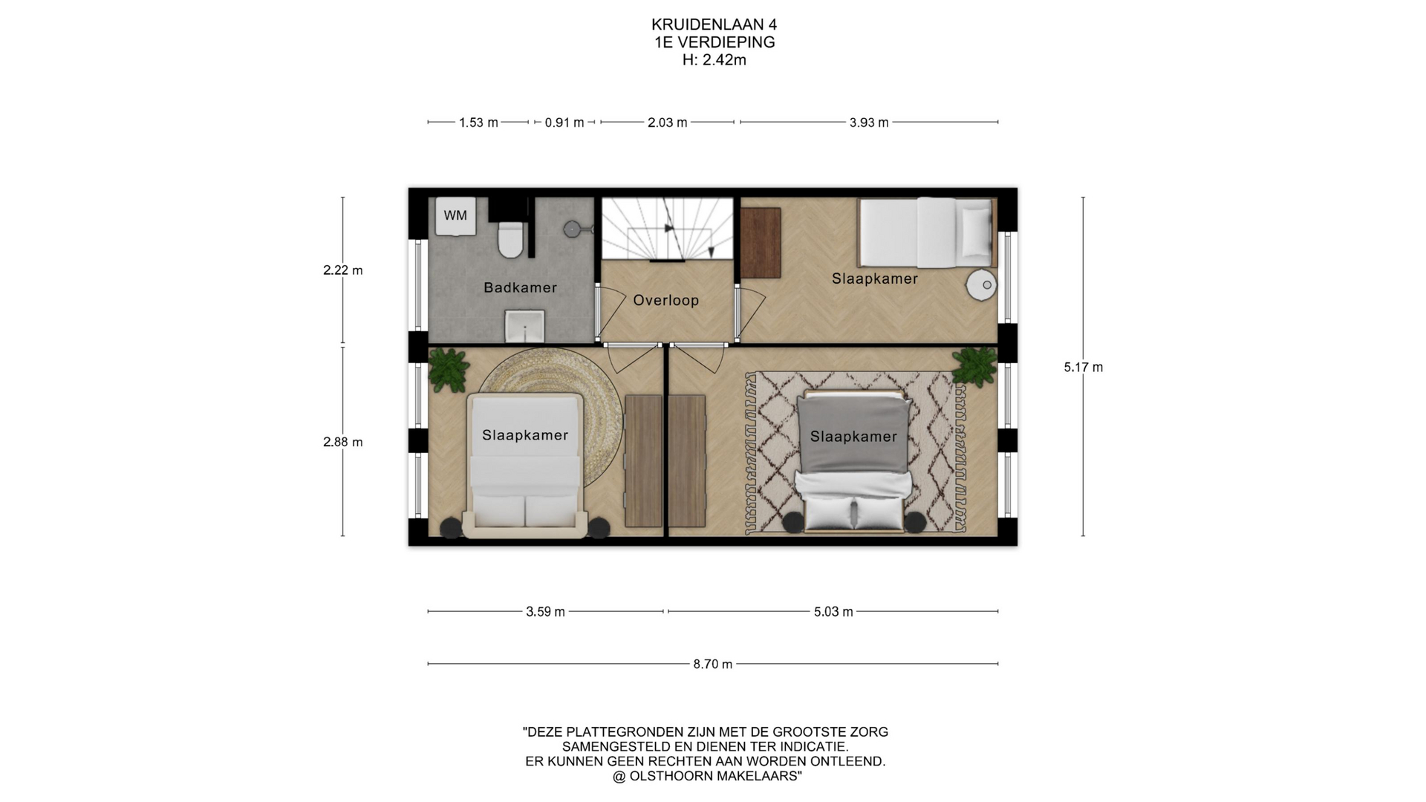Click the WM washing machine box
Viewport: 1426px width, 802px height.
(x=455, y=215)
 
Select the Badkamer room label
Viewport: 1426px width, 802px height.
(x=520, y=287)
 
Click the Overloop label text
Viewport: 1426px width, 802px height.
(x=665, y=301)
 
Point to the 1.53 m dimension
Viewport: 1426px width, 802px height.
(x=478, y=123)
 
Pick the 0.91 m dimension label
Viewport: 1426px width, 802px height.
(x=564, y=123)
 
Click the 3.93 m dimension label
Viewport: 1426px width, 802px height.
(x=869, y=123)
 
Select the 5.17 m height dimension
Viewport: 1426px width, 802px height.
(x=1084, y=367)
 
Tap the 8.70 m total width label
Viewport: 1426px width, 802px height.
(x=713, y=664)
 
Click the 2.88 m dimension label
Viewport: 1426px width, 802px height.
(x=343, y=442)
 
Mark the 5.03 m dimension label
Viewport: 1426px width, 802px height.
(x=833, y=612)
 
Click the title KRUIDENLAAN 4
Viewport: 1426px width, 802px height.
(x=714, y=25)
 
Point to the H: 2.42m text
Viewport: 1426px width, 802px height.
(x=714, y=60)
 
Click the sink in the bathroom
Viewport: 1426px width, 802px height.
(x=526, y=327)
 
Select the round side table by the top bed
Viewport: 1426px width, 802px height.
(x=981, y=284)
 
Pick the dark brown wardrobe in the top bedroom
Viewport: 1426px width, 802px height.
(x=761, y=243)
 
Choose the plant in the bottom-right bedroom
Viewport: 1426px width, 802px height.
(x=974, y=365)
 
